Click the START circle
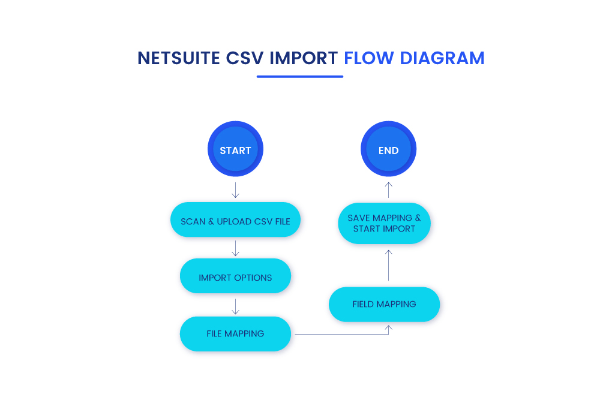coord(235,150)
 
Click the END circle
coord(388,150)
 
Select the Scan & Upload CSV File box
coord(235,221)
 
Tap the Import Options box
coord(235,277)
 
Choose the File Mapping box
coord(235,333)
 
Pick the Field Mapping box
coord(384,304)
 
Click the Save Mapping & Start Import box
coord(384,223)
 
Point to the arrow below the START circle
coord(235,190)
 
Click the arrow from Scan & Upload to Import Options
coord(235,248)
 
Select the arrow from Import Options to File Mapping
coord(235,306)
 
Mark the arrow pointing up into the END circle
coord(388,190)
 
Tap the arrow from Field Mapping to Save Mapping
coord(388,265)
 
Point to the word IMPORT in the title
coord(304,58)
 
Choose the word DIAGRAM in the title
coord(442,58)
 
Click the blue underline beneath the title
coord(299,77)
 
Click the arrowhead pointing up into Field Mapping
coord(388,328)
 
